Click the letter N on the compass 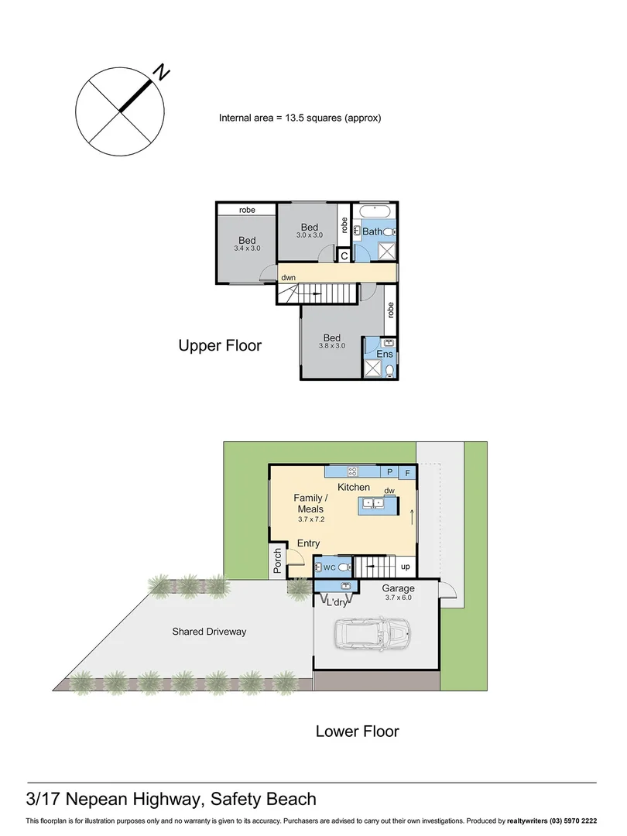click(161, 73)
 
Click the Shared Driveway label click(209, 632)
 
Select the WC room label click(328, 567)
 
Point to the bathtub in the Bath click(375, 211)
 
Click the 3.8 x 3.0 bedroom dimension click(332, 346)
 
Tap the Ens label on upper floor click(384, 354)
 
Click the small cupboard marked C click(344, 255)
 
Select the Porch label click(277, 561)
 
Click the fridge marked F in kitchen click(408, 471)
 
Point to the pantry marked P click(390, 471)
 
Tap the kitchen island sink click(374, 503)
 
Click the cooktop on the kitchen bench click(353, 471)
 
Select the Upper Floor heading click(220, 345)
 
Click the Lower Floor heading click(357, 731)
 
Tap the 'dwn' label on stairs click(288, 276)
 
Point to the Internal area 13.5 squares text click(300, 118)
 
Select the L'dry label click(337, 602)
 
